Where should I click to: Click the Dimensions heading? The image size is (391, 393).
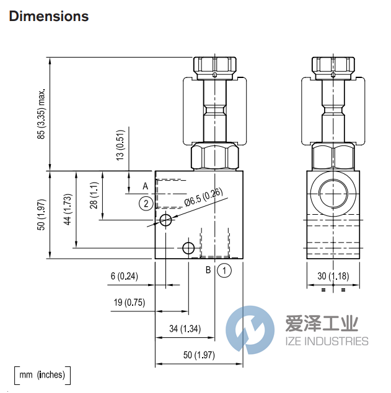point(49,17)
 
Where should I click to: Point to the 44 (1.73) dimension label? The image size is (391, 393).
point(68,210)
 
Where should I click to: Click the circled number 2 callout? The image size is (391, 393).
point(145,203)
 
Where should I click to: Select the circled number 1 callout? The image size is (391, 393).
point(224,270)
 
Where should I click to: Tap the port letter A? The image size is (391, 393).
point(146,186)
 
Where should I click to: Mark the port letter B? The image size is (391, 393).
point(209,270)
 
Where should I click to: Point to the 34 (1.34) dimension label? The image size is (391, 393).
point(185,329)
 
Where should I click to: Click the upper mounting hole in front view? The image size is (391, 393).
point(165,221)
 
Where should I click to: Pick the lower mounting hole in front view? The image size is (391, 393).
point(188,248)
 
